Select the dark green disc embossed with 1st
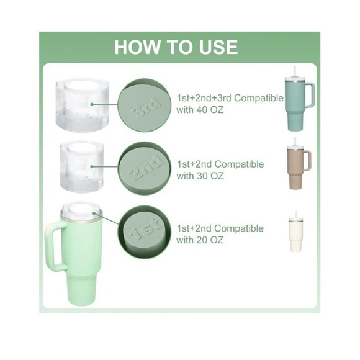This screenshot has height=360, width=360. (145, 231)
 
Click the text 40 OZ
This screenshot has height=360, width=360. (210, 110)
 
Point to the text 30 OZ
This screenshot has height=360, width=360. (210, 176)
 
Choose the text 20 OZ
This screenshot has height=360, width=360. (210, 240)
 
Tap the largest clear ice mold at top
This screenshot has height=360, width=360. (82, 104)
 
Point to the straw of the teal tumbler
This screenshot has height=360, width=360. (294, 72)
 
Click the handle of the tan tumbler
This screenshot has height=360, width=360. (307, 161)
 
